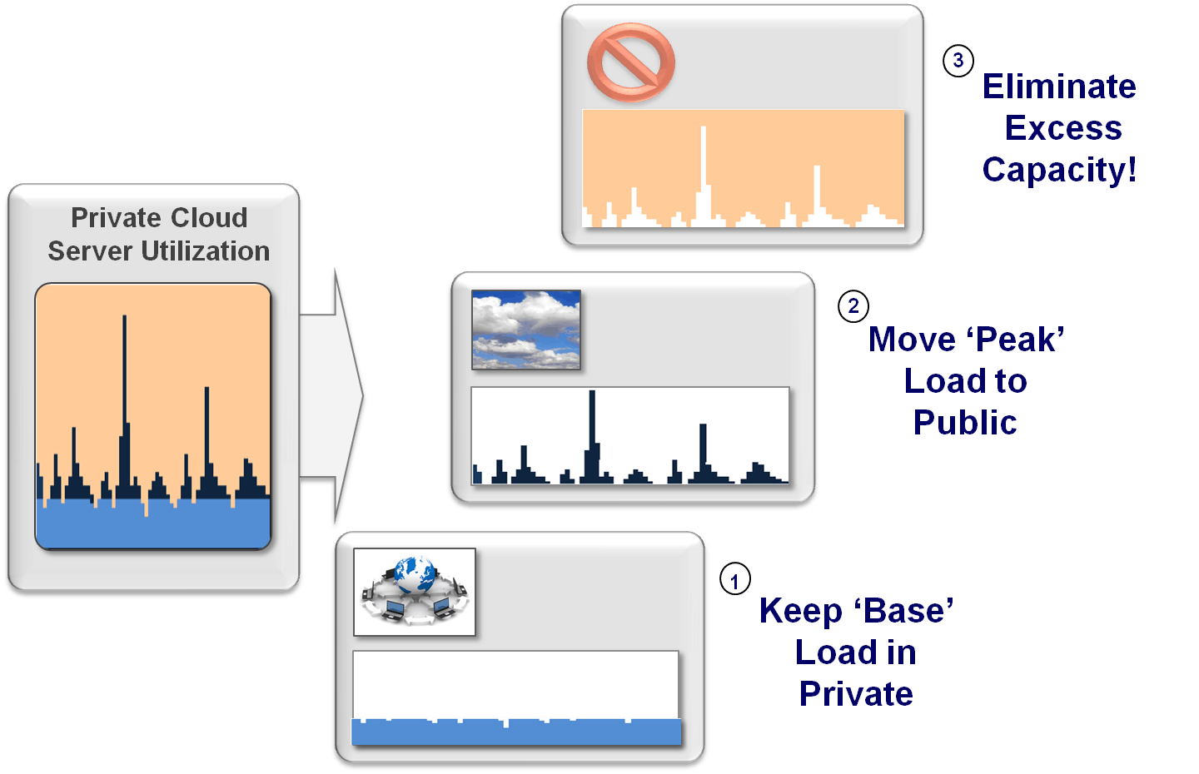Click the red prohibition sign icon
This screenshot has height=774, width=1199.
(630, 62)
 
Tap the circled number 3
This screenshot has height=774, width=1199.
(958, 61)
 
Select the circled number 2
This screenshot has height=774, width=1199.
(853, 306)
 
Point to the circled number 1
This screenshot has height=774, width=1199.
(735, 578)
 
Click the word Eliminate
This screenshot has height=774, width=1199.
(1059, 87)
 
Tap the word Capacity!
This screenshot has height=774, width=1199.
(1059, 170)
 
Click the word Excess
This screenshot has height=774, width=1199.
(1063, 128)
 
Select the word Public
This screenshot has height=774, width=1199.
(964, 423)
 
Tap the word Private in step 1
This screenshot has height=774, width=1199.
(856, 694)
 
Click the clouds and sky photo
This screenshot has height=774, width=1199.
(525, 330)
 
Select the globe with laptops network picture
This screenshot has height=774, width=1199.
(415, 592)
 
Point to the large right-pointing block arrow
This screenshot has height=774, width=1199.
(331, 396)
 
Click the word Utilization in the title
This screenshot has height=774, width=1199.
(205, 251)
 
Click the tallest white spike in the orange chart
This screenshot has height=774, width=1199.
(704, 176)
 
